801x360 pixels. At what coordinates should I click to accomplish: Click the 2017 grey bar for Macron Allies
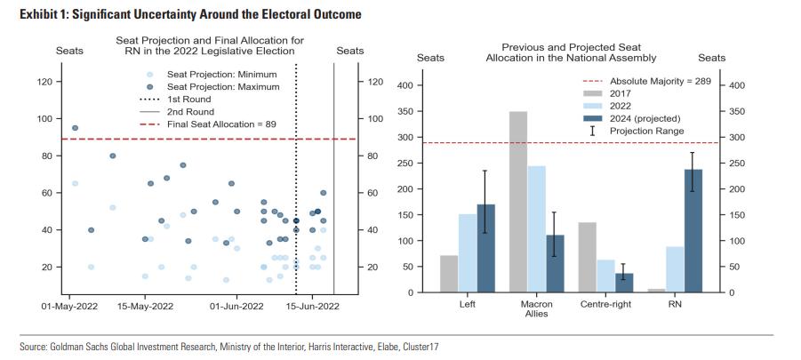(x=518, y=202)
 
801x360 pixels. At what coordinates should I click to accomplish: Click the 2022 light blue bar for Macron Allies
(x=537, y=229)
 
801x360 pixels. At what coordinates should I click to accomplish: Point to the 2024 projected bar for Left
(x=485, y=249)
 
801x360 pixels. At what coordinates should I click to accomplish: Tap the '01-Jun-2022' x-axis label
(x=236, y=307)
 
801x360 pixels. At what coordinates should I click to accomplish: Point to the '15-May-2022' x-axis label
(x=145, y=307)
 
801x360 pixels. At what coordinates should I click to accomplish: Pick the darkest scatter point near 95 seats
(x=75, y=128)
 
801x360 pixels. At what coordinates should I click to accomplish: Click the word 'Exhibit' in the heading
(x=39, y=15)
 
